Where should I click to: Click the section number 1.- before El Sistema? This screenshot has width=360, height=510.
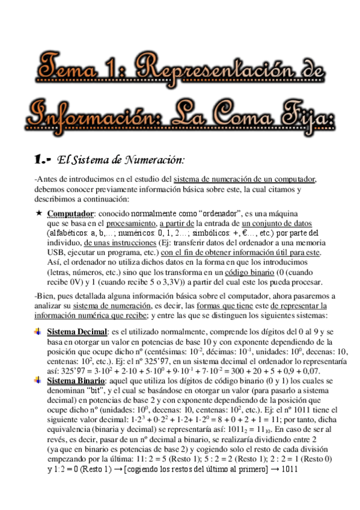point(43,159)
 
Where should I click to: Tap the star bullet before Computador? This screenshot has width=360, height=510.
point(38,213)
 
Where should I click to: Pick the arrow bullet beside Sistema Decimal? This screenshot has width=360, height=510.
point(38,331)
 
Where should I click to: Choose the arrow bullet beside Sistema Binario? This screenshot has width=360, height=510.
point(38,381)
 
